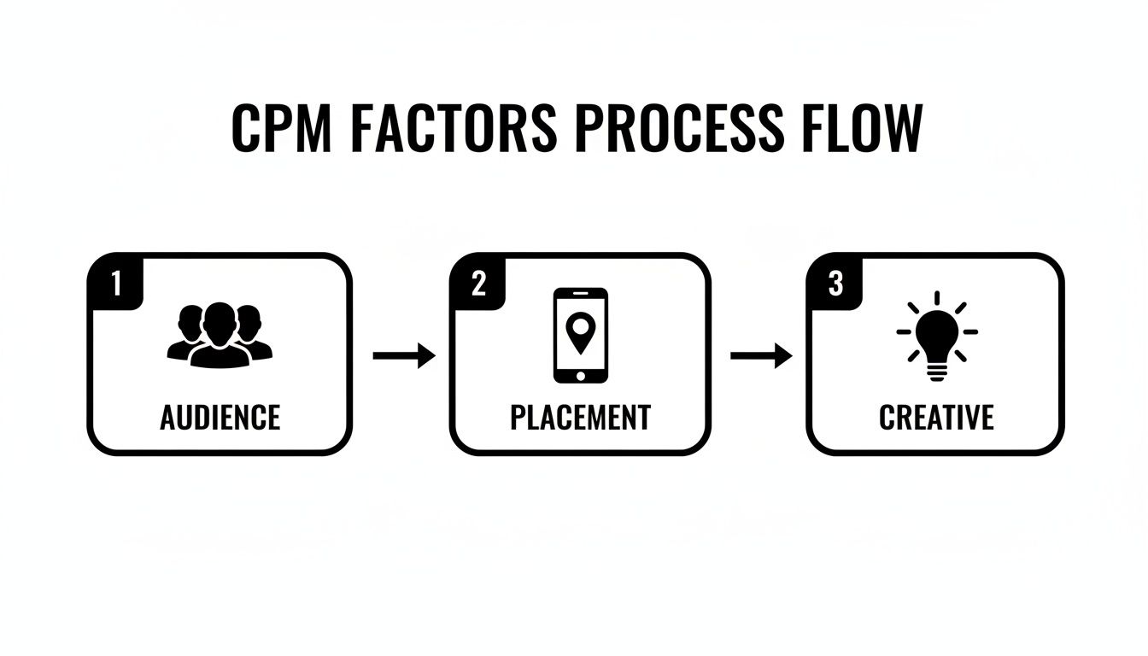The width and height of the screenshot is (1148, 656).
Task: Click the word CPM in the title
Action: tap(278, 128)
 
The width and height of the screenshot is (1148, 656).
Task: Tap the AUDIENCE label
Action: tap(220, 418)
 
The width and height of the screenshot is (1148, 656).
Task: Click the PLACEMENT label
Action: tap(580, 418)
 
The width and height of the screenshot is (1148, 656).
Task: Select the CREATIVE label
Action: tap(936, 418)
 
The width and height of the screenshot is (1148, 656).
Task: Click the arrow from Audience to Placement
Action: tap(404, 356)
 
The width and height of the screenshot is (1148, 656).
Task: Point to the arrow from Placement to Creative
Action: tap(761, 356)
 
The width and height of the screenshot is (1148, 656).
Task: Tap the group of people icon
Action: tap(220, 336)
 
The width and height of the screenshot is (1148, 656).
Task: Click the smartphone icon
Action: tap(581, 336)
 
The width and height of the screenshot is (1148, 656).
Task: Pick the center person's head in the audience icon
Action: tap(220, 320)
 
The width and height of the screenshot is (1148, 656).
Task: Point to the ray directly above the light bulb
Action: tap(937, 297)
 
